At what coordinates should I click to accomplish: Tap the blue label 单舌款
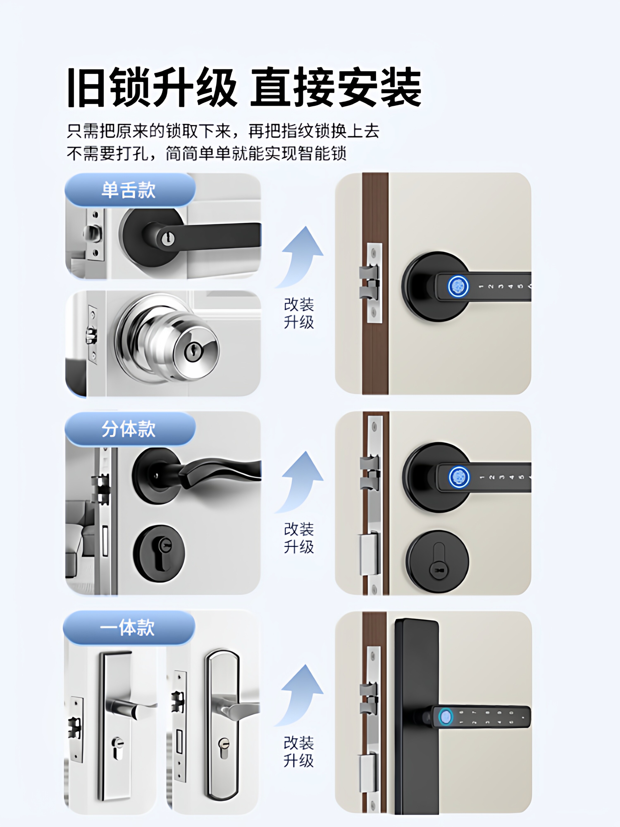click(x=129, y=190)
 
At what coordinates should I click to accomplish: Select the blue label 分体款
click(x=129, y=429)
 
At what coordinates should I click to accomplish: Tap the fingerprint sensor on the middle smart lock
click(x=459, y=477)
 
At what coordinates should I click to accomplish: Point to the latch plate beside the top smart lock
click(x=374, y=283)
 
